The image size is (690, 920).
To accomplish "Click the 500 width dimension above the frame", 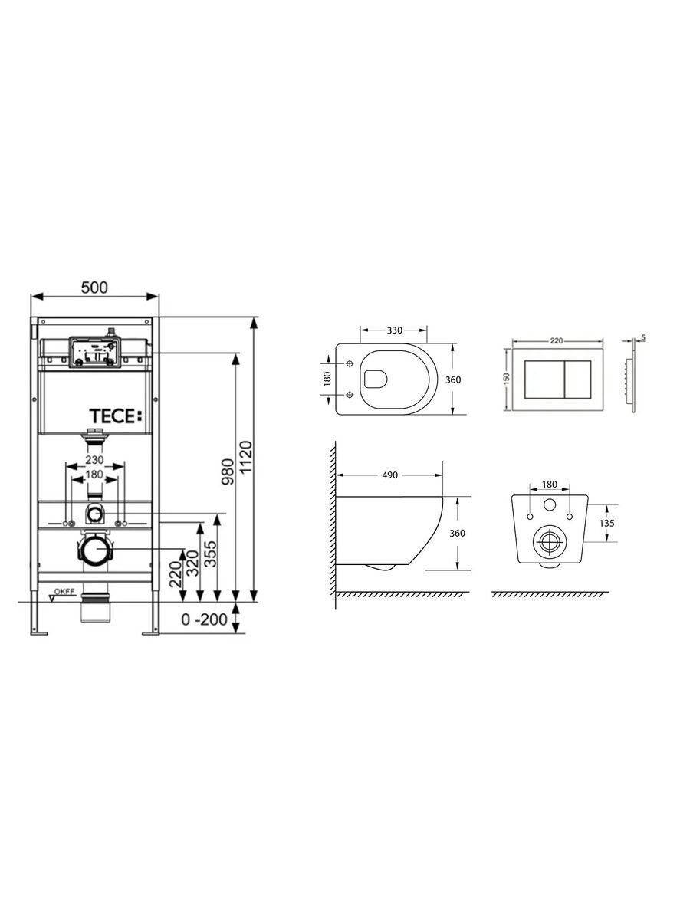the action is [x=94, y=287].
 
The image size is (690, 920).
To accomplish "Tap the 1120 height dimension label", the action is [x=246, y=457].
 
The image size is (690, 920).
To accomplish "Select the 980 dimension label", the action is [x=228, y=472].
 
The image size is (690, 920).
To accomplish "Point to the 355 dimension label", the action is [x=211, y=554].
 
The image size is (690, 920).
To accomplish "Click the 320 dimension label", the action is [x=192, y=563].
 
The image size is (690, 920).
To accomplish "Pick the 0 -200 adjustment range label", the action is [x=204, y=619].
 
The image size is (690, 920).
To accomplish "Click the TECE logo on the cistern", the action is [x=116, y=416].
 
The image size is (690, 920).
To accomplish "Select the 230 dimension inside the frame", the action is [x=94, y=460].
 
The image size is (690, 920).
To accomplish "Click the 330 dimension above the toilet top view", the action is [x=394, y=330].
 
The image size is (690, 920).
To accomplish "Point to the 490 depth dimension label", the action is [x=389, y=475].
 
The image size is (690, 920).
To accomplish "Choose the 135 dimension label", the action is [x=607, y=523].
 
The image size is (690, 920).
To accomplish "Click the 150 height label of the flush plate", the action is [x=507, y=379].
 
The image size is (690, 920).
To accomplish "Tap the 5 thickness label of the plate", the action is [x=643, y=338].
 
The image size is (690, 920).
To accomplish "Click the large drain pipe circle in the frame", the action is [x=97, y=549].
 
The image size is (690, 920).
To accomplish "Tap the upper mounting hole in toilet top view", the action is [x=350, y=363].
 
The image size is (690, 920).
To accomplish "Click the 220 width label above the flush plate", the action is [x=557, y=340].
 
